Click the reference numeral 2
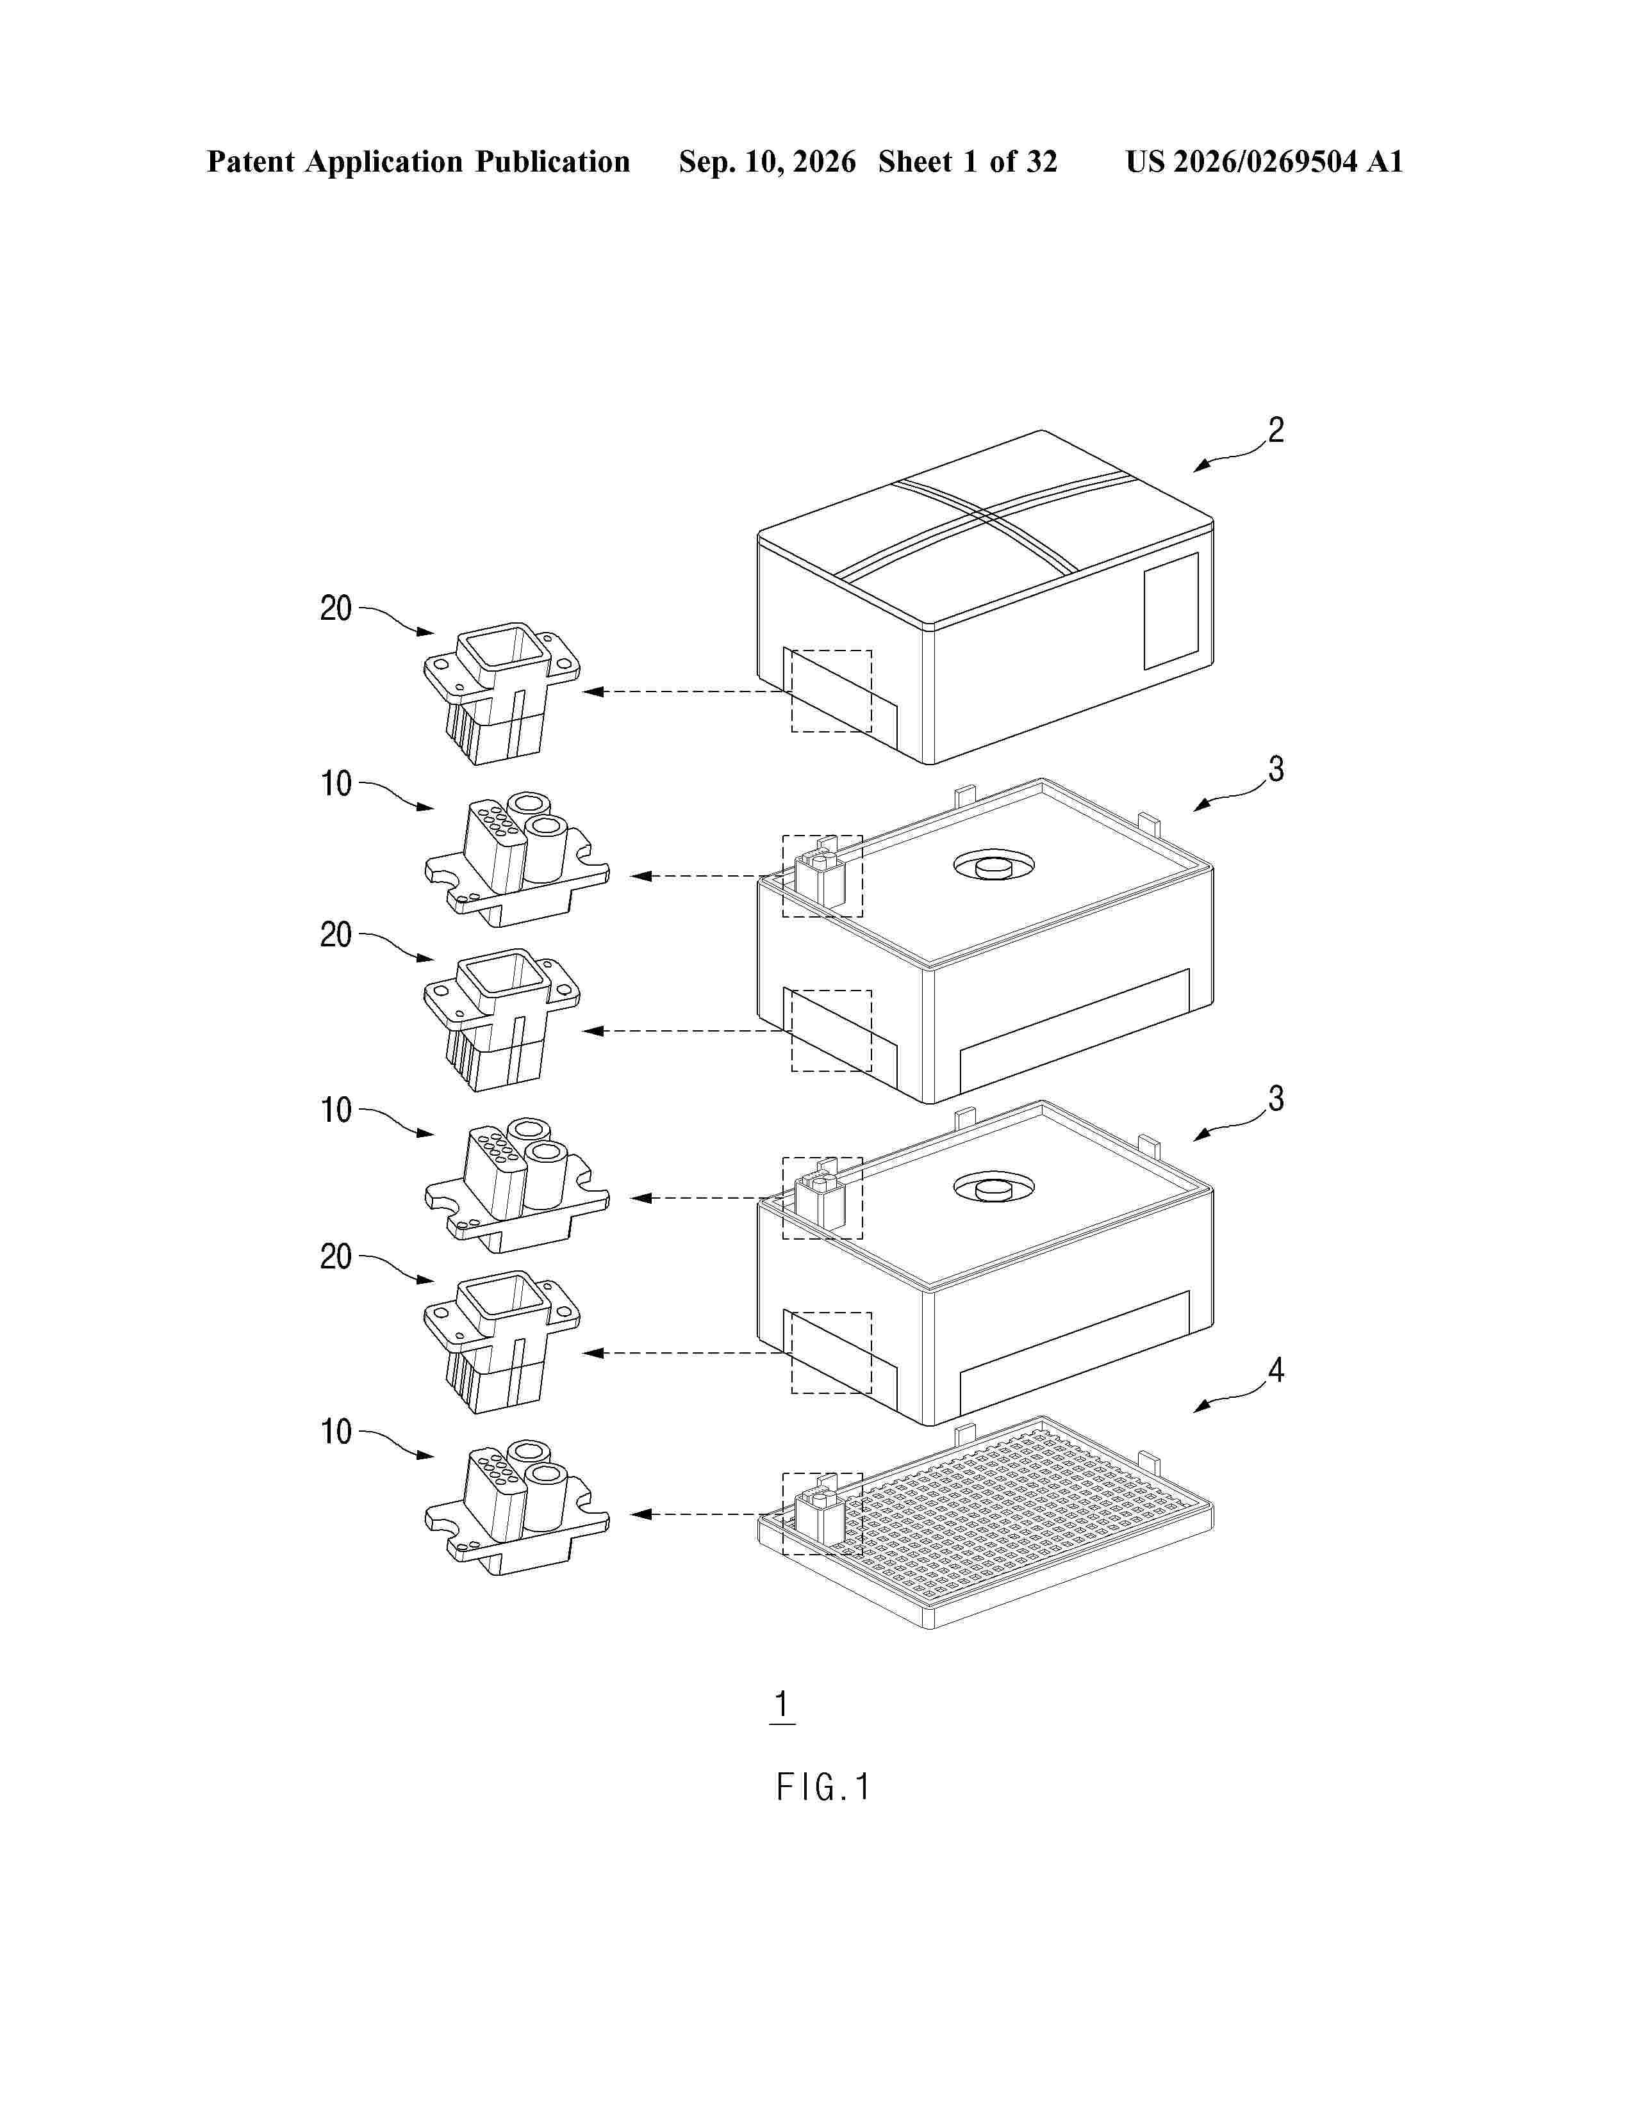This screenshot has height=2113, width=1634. click(x=1276, y=430)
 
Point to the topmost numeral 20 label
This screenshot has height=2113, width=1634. click(x=336, y=608)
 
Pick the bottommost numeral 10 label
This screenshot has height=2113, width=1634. click(x=336, y=1432)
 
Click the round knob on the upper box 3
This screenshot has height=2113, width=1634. click(x=993, y=866)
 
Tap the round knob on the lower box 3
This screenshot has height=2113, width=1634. click(x=993, y=1188)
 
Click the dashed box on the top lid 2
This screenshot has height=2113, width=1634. click(x=832, y=691)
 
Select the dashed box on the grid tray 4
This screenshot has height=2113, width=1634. click(x=822, y=1514)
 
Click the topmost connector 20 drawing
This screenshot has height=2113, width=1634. click(x=502, y=693)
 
